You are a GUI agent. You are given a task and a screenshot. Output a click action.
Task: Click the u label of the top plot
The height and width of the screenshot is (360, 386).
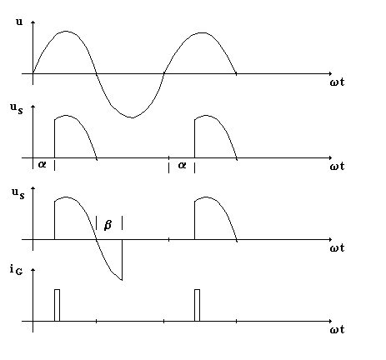[19, 22]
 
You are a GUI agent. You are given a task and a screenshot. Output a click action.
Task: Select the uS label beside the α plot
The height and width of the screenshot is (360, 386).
[17, 108]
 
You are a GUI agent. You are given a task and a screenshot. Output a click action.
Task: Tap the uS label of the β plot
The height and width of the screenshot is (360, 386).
[18, 193]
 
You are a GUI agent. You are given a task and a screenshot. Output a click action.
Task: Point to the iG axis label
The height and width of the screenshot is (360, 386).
[16, 270]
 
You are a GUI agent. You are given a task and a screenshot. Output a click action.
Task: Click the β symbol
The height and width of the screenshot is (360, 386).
[108, 225]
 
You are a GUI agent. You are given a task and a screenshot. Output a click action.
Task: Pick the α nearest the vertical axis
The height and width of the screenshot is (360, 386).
[42, 164]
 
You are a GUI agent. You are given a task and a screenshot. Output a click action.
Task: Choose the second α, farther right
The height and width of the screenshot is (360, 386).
[182, 166]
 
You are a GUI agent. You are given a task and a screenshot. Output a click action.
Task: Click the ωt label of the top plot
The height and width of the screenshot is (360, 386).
[337, 82]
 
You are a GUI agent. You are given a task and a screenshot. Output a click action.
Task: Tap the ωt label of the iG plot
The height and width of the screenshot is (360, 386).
[337, 329]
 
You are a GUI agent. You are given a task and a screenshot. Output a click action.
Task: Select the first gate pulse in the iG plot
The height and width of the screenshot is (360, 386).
[57, 305]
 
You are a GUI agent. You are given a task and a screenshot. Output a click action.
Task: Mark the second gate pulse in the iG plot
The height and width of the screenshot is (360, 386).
[197, 305]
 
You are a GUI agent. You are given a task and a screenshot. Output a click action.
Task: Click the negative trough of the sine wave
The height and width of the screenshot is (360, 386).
[132, 117]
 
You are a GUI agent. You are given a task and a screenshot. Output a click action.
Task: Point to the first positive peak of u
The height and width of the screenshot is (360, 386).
[66, 31]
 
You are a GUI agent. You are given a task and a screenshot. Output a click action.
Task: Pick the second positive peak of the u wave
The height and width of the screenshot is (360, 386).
[203, 32]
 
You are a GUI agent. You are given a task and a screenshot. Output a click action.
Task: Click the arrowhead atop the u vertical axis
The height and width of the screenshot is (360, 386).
[33, 22]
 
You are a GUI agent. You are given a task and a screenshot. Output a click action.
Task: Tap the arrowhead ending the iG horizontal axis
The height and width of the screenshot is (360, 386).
[330, 321]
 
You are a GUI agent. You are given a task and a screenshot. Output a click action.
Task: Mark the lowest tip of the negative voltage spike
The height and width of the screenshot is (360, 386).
[122, 280]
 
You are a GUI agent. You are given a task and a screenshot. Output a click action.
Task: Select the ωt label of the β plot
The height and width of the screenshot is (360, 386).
[337, 247]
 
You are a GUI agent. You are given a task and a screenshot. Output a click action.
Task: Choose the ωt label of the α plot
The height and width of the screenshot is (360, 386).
[337, 167]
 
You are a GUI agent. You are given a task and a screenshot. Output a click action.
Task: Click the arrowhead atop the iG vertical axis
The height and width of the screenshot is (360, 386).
[33, 270]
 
